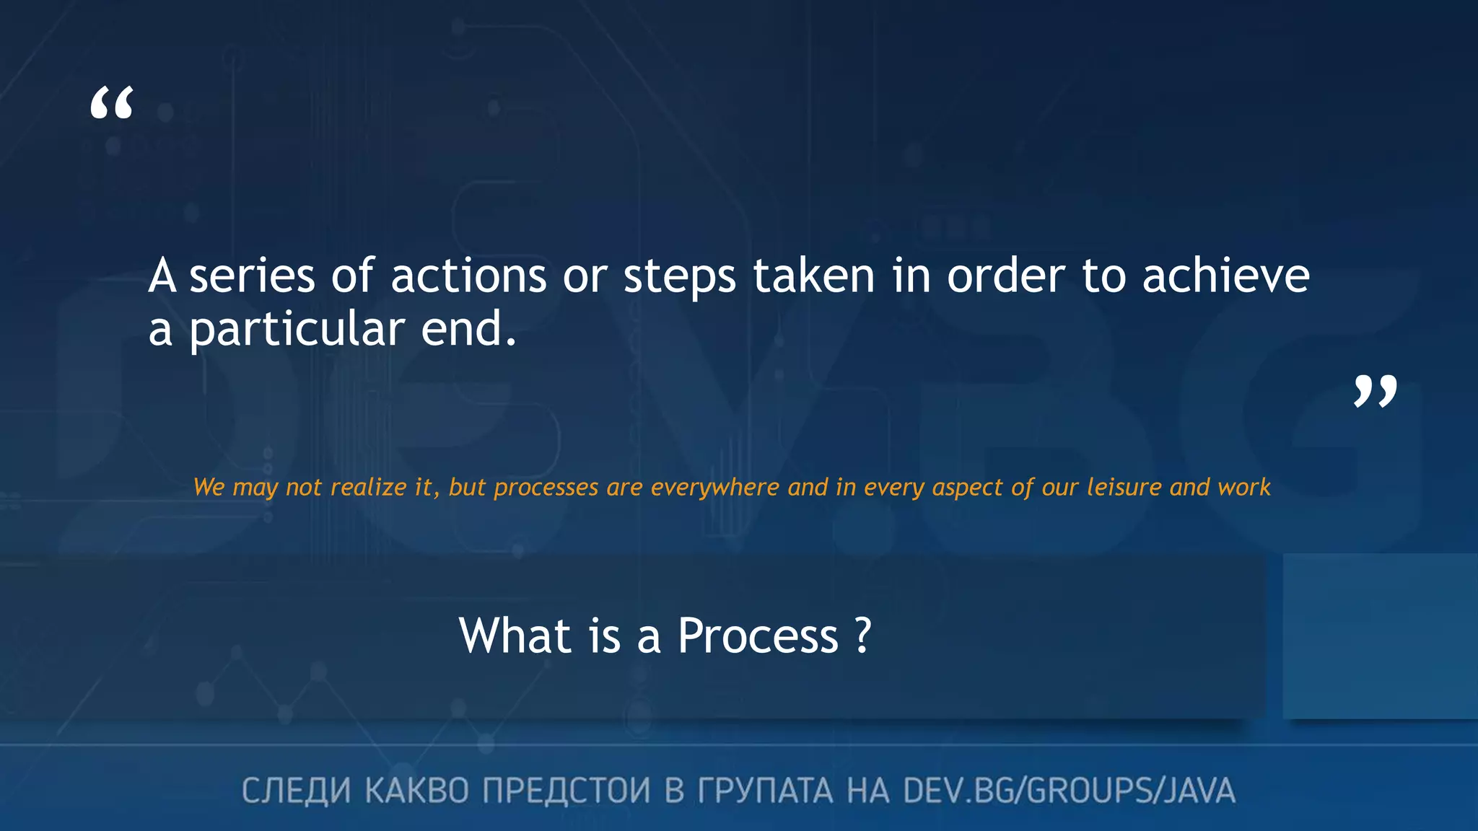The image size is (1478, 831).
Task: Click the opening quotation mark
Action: pyautogui.click(x=112, y=103)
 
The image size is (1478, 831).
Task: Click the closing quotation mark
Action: pyautogui.click(x=1375, y=391)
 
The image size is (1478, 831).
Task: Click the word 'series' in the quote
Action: pyautogui.click(x=252, y=276)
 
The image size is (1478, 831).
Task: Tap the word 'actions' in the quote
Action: pyautogui.click(x=468, y=276)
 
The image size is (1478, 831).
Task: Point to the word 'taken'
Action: pyautogui.click(x=813, y=276)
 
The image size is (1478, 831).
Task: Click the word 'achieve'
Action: pyautogui.click(x=1225, y=276)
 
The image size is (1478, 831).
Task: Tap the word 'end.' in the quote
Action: pyautogui.click(x=468, y=330)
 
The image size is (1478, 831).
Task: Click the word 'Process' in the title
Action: pyautogui.click(x=758, y=636)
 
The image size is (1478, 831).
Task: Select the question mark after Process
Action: pyautogui.click(x=862, y=636)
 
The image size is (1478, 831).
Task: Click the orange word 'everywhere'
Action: pyautogui.click(x=714, y=488)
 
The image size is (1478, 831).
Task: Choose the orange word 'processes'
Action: pyautogui.click(x=546, y=488)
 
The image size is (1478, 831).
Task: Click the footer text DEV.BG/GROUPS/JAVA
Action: pyautogui.click(x=1069, y=791)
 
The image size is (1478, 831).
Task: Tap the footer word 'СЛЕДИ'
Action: pyautogui.click(x=296, y=791)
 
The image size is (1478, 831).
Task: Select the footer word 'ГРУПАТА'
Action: pyautogui.click(x=764, y=791)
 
